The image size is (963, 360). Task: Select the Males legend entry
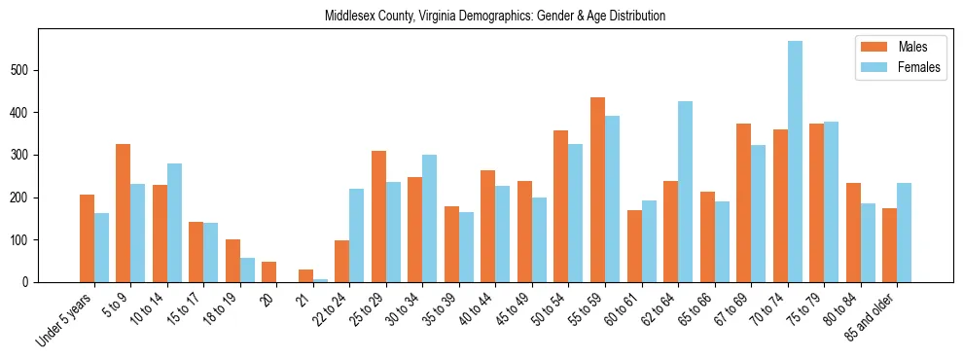898,47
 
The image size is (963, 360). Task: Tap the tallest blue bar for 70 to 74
796,162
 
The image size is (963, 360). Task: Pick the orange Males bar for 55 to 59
597,190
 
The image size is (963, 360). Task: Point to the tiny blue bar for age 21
321,280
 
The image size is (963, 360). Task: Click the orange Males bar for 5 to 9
124,213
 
